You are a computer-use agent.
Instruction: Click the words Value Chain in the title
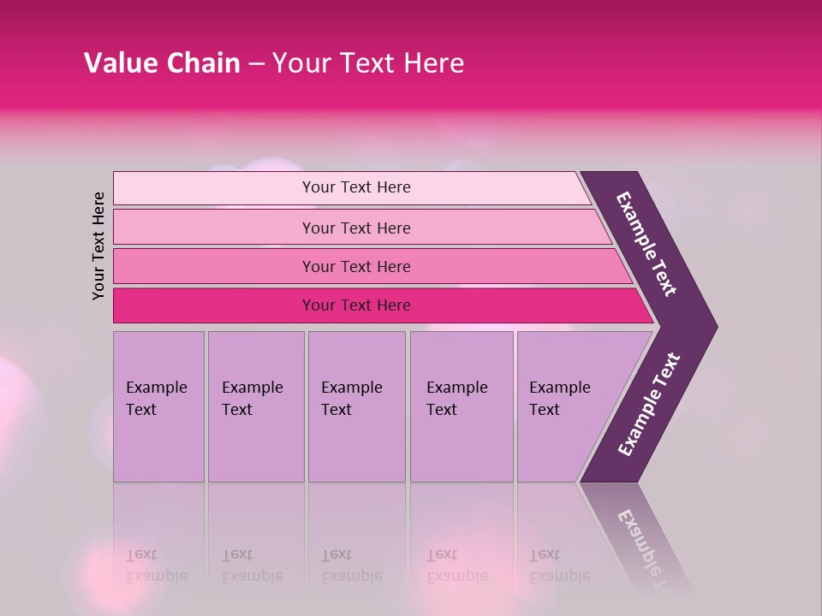click(162, 62)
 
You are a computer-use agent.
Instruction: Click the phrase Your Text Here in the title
click(368, 62)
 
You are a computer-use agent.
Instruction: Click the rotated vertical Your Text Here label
click(98, 246)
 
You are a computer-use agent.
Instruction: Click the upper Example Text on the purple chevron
click(646, 244)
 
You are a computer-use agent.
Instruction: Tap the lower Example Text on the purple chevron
click(649, 404)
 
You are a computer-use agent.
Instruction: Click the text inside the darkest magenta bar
click(356, 305)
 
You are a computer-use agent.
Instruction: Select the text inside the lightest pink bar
click(356, 187)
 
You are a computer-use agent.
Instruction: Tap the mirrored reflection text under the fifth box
click(559, 566)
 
